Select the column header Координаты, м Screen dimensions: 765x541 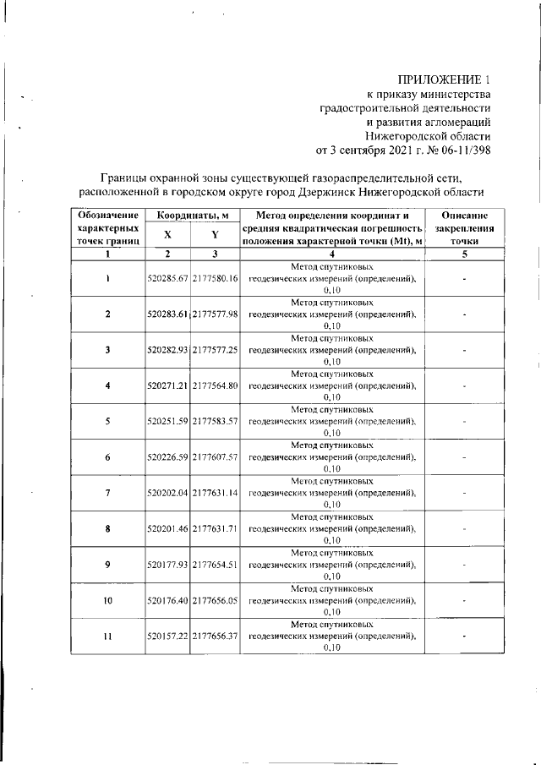[x=192, y=217]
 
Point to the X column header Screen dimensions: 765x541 [x=167, y=235]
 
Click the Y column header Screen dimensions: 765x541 [x=216, y=235]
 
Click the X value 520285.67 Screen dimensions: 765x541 [x=168, y=278]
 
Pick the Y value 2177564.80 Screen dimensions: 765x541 [x=216, y=385]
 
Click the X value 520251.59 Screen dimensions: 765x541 [x=168, y=421]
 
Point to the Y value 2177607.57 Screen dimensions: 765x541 [x=216, y=457]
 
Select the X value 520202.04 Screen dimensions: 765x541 [x=168, y=493]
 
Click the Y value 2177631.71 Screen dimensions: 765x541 [x=216, y=528]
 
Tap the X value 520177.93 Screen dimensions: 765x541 [x=168, y=565]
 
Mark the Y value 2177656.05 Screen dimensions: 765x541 [x=216, y=600]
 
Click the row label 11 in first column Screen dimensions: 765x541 [x=108, y=637]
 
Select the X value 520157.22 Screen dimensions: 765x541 [x=168, y=637]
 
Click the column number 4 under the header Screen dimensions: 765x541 [x=331, y=254]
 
